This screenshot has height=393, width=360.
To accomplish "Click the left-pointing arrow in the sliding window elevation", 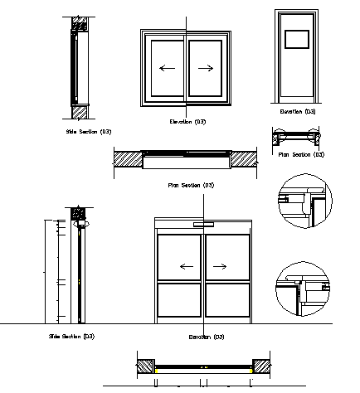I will pyautogui.click(x=167, y=68).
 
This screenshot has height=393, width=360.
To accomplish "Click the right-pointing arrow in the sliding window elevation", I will pyautogui.click(x=207, y=68).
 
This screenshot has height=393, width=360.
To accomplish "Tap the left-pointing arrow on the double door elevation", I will pyautogui.click(x=187, y=266).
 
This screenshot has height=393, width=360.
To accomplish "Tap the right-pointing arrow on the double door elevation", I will pyautogui.click(x=220, y=266).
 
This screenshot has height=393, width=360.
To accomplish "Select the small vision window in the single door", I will pyautogui.click(x=296, y=39).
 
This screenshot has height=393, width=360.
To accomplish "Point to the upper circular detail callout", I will pyautogui.click(x=303, y=201).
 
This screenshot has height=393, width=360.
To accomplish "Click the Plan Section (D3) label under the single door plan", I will pyautogui.click(x=300, y=154).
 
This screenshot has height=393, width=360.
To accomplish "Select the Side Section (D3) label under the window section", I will pyautogui.click(x=89, y=131).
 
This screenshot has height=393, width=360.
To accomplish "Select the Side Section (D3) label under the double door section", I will pyautogui.click(x=71, y=336).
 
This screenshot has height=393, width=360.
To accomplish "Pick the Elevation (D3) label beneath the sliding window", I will pyautogui.click(x=187, y=122).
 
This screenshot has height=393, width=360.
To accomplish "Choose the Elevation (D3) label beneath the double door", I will pyautogui.click(x=206, y=337).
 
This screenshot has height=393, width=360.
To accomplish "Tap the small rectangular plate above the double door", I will pyautogui.click(x=203, y=224).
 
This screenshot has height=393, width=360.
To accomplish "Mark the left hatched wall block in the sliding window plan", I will pyautogui.click(x=128, y=158).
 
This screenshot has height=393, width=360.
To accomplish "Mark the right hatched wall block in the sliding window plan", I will pyautogui.click(x=244, y=158).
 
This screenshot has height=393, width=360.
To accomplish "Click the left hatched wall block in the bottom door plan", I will pyautogui.click(x=144, y=365).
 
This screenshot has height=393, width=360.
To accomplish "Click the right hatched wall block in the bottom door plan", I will pyautogui.click(x=262, y=365).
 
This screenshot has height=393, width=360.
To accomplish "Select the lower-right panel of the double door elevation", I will pyautogui.click(x=227, y=303).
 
